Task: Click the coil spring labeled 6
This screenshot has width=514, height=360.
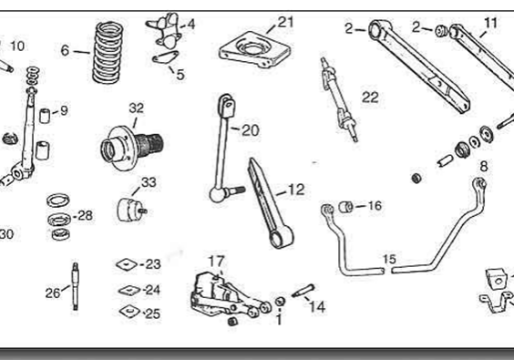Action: click(x=108, y=52)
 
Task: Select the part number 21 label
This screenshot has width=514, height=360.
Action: click(x=286, y=22)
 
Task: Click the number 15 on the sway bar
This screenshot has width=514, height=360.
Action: click(x=389, y=260)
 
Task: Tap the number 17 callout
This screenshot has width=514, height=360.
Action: click(x=216, y=261)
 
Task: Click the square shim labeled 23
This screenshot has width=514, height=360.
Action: click(x=126, y=265)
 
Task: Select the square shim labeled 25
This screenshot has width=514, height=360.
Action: click(x=128, y=313)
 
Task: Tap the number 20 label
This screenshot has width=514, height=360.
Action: click(x=250, y=130)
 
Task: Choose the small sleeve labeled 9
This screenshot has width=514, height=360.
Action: click(x=43, y=118)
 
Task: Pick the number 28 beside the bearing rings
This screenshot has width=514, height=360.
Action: click(x=85, y=216)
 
